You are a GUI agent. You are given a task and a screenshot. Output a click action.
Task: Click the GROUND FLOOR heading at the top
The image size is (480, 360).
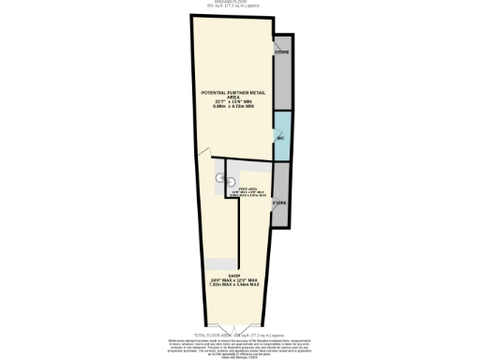[x=240, y=3]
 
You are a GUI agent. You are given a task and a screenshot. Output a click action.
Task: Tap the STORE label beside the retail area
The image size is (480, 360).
[x=282, y=52]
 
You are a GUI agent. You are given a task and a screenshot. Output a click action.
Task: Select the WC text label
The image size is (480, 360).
[x=279, y=138]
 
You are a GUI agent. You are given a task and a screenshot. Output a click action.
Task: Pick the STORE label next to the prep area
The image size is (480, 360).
[x=279, y=202]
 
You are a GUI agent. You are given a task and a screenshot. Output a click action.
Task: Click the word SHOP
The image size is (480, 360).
[x=234, y=276]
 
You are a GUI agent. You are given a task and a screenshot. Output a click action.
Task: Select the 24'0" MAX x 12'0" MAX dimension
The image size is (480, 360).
[x=234, y=281]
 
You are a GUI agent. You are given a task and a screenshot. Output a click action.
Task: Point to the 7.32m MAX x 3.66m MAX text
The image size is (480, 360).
[x=234, y=287]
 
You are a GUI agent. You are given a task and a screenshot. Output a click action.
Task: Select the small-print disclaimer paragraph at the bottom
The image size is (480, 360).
[x=240, y=346]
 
